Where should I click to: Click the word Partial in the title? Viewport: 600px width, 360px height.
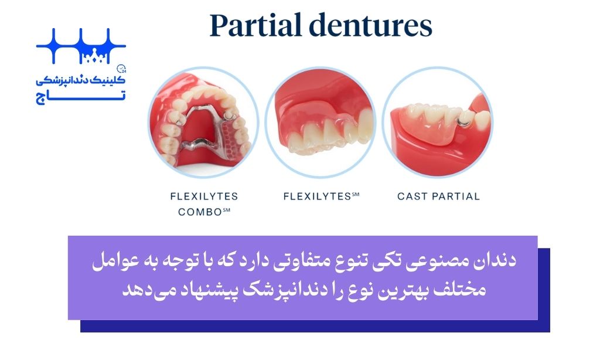[x=255, y=25]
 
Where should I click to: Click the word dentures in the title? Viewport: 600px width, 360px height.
[x=371, y=25]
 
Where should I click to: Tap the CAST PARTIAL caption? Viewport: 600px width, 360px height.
[x=438, y=196]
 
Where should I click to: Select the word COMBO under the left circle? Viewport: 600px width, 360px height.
[x=200, y=212]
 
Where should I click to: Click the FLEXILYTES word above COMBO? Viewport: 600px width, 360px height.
[x=204, y=196]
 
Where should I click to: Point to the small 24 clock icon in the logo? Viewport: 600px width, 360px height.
[x=121, y=69]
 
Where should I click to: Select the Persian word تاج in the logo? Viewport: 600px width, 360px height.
[x=81, y=97]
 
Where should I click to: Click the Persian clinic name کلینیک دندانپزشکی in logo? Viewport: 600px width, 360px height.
[x=81, y=80]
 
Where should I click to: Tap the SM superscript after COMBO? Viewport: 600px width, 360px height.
[x=227, y=209]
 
